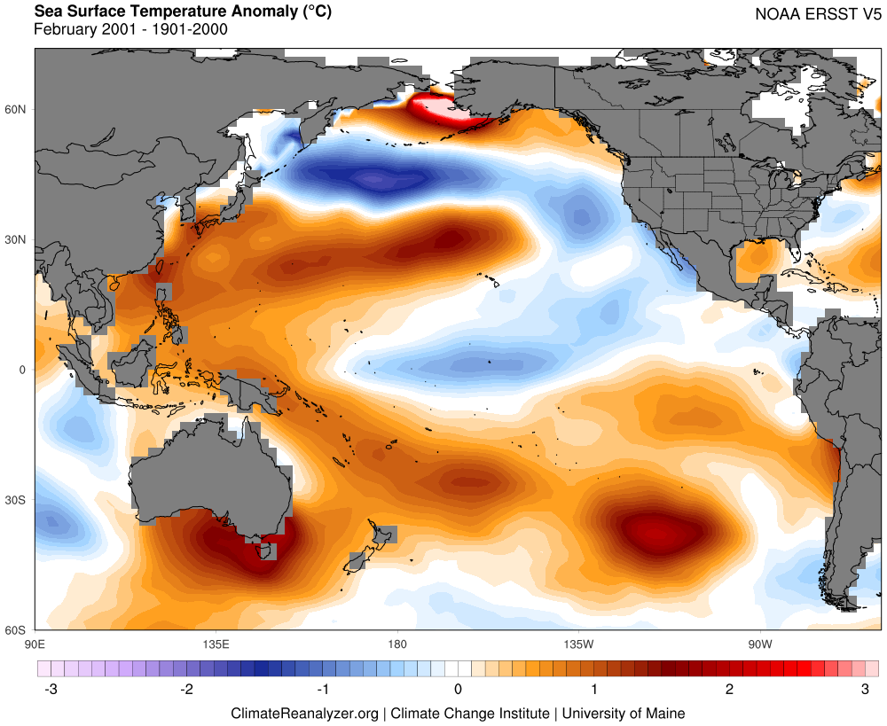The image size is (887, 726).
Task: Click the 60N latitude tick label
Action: click(17, 109)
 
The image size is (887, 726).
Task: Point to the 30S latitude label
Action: click(17, 500)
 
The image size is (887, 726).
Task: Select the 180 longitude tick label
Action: click(396, 643)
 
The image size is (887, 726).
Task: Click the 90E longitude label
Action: click(35, 643)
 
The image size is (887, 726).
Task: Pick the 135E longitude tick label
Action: click(216, 643)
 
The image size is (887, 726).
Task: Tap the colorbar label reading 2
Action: click(729, 690)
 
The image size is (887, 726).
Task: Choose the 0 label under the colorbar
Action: click(458, 690)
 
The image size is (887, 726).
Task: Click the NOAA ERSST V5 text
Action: click(818, 14)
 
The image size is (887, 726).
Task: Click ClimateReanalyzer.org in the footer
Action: click(304, 713)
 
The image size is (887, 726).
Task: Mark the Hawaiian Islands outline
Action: click(489, 281)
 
